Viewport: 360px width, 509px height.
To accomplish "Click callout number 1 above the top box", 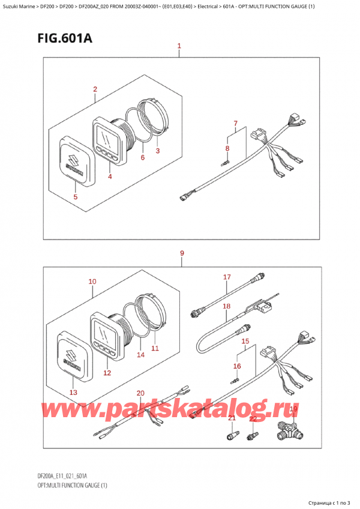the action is (x=179, y=46).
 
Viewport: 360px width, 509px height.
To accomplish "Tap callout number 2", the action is (x=95, y=90).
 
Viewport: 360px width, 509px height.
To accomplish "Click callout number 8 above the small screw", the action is (x=227, y=148).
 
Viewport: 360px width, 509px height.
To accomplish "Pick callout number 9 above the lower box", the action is (x=182, y=254).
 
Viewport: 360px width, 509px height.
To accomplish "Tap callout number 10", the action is (x=92, y=281).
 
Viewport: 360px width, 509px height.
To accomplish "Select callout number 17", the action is (x=227, y=277).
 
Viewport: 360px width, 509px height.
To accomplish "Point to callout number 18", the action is (x=227, y=306).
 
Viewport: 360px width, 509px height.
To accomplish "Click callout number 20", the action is (x=140, y=393).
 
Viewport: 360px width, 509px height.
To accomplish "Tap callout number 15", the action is (x=244, y=341).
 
